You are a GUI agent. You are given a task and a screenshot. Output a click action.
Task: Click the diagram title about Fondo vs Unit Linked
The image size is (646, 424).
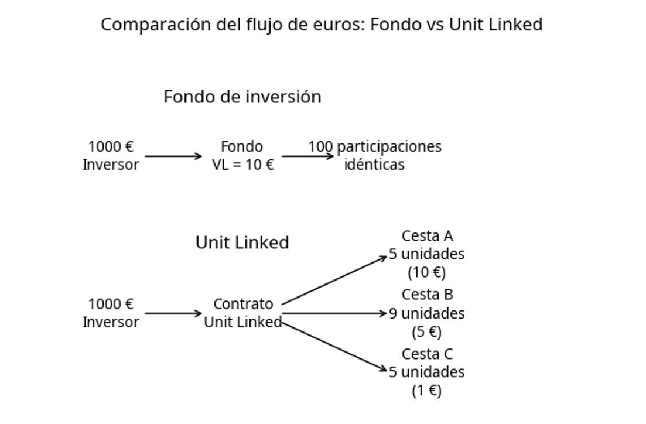click(322, 25)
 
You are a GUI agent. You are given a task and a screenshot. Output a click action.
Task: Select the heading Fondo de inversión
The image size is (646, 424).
click(242, 97)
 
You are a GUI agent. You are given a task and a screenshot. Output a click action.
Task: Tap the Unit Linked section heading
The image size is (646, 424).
click(242, 242)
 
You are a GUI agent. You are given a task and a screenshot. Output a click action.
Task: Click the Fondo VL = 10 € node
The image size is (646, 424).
click(242, 155)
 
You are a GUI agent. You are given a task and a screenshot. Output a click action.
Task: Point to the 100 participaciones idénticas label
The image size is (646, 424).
click(375, 155)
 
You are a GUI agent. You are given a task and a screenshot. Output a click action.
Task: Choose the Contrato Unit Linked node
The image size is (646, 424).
click(242, 313)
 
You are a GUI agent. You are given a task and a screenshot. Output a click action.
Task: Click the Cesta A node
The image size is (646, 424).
click(427, 236)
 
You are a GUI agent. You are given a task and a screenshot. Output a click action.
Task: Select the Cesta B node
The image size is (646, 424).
click(427, 295)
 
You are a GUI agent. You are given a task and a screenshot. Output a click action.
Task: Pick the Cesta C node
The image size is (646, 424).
click(427, 354)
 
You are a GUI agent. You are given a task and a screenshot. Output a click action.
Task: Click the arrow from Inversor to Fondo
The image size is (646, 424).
click(173, 156)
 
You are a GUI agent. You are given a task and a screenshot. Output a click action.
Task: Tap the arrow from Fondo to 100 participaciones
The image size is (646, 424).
click(307, 156)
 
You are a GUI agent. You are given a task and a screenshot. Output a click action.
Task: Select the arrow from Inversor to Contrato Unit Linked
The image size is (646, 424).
click(173, 313)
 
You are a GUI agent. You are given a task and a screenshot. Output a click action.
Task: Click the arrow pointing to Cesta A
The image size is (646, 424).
click(334, 281)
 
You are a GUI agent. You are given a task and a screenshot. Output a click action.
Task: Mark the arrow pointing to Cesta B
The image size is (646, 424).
click(334, 313)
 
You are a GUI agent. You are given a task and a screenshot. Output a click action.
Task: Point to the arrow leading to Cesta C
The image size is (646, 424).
click(334, 347)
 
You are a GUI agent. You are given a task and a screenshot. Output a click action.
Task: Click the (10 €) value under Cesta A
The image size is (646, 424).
click(426, 272)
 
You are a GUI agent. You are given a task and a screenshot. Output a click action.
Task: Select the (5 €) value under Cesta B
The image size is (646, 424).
click(426, 332)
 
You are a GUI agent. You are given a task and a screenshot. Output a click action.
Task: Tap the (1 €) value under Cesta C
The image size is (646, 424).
click(426, 391)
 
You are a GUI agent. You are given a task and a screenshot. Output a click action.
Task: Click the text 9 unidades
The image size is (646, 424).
click(427, 313)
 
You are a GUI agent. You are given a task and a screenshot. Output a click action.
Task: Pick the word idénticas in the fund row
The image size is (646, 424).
click(374, 165)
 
